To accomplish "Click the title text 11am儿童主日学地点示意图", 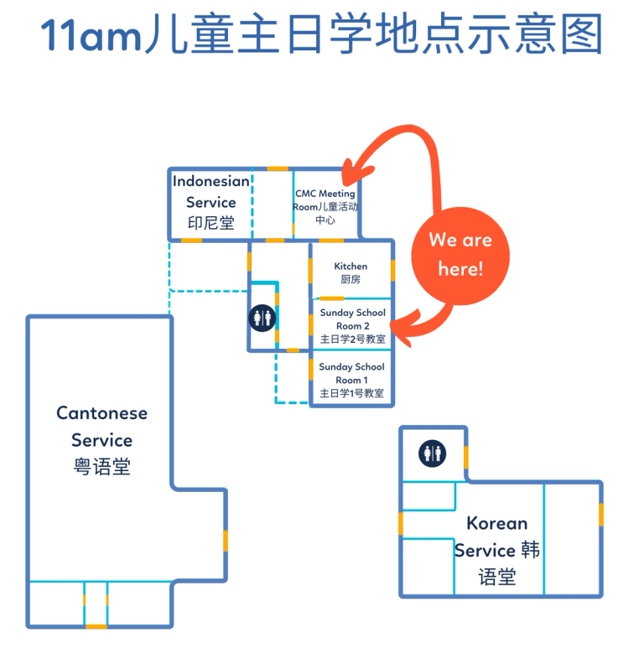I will [x=322, y=35].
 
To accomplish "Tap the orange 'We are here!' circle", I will [x=460, y=255].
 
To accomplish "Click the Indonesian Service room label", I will [x=211, y=202].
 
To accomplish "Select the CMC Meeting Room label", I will [x=325, y=206].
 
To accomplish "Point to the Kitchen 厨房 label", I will [x=351, y=272].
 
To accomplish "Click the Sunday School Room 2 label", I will [x=352, y=326].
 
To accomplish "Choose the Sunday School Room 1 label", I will [x=352, y=380].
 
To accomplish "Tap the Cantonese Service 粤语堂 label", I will [x=101, y=439].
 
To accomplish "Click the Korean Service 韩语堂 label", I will [x=497, y=549].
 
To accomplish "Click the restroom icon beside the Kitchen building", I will [x=262, y=317].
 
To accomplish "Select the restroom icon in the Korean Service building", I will [x=433, y=453].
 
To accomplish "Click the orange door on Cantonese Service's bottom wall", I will [x=96, y=625].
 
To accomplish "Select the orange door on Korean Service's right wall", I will [x=601, y=514].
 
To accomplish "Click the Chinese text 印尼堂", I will [x=211, y=223].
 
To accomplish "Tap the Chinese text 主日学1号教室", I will [x=352, y=393].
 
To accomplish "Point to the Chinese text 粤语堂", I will [x=101, y=467].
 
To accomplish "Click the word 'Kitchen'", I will [x=351, y=267].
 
